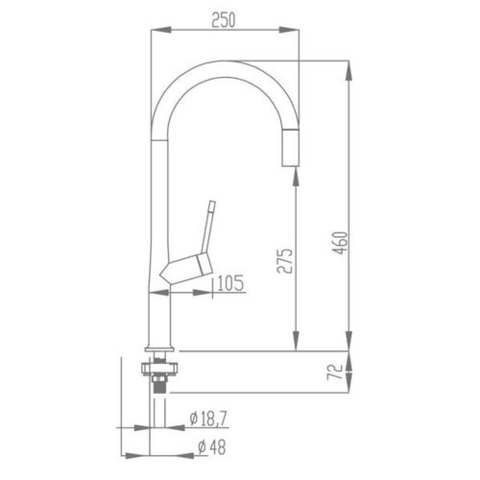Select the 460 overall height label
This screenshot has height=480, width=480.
pos(340,243)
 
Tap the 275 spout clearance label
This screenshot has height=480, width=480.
pos(285,261)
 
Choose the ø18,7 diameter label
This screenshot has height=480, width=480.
pos(208,420)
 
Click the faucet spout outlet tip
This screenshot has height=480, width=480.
pos(289,165)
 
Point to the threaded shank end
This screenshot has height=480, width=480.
pos(159,386)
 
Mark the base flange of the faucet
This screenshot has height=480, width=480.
pos(159,349)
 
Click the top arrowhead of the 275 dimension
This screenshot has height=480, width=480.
pos(296,176)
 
